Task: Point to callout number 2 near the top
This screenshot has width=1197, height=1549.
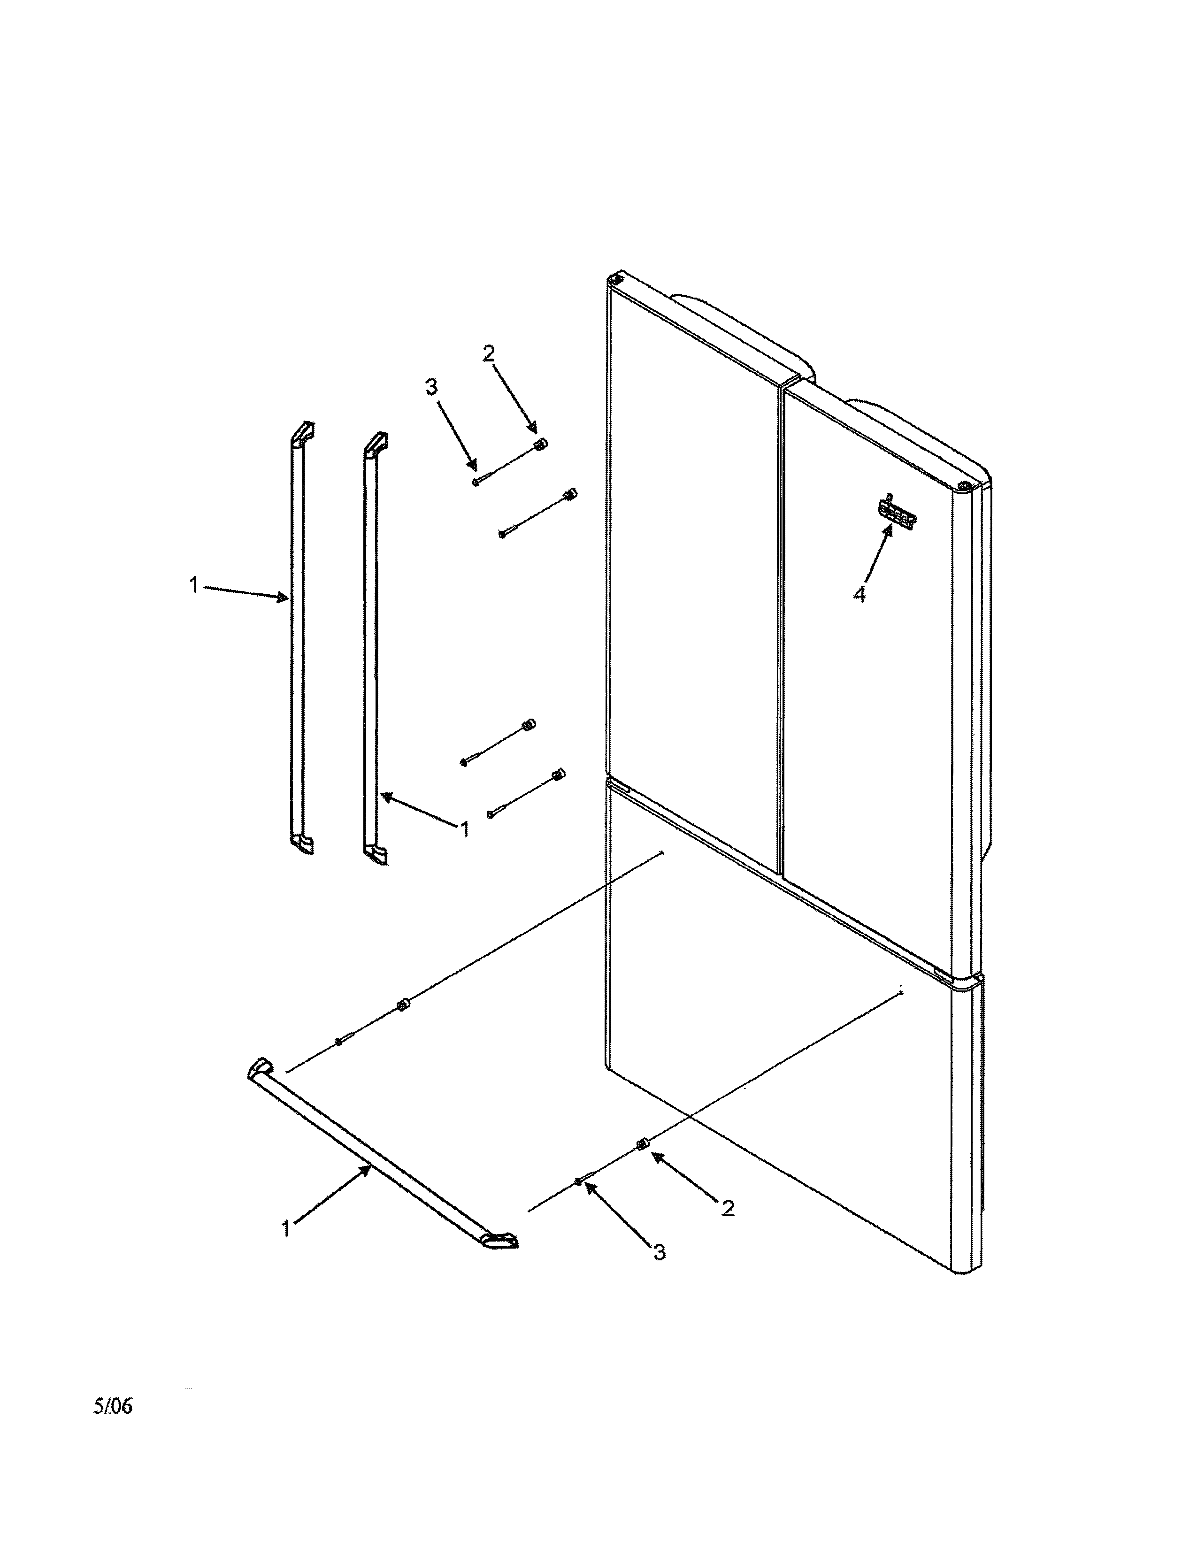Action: coord(489,353)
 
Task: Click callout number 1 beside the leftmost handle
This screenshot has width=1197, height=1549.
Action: coord(193,586)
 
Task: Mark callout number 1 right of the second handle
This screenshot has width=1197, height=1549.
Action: coord(464,828)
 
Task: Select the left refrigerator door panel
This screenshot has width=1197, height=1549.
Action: coord(691,567)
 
